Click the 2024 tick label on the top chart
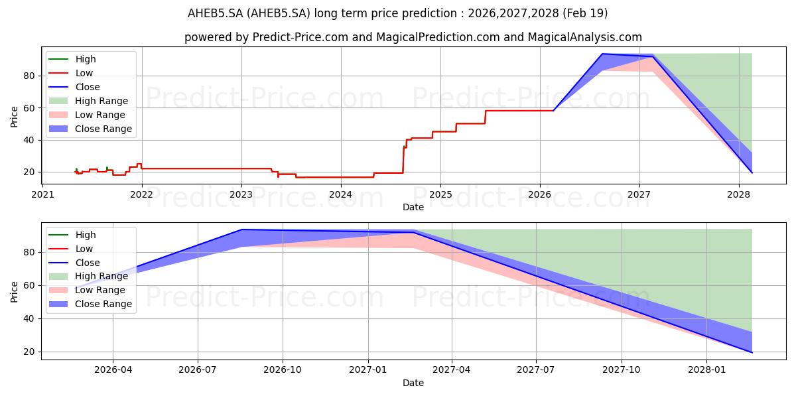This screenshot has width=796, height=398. point(341,195)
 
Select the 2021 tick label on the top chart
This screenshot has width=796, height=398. point(42,195)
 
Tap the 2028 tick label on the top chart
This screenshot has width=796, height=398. point(739,195)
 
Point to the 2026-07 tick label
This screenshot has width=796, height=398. point(198,370)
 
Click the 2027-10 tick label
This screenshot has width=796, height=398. point(622,370)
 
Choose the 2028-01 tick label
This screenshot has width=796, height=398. point(706,370)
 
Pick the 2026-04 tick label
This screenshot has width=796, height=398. point(113,370)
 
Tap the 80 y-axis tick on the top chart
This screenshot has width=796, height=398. point(29,76)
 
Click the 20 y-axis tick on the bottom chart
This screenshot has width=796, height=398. point(29,352)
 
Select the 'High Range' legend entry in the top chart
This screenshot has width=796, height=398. point(88,101)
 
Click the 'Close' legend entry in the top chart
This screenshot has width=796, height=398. point(74,87)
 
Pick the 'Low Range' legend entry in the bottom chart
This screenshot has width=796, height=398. point(87,290)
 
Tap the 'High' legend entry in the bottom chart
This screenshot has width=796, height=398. point(72,235)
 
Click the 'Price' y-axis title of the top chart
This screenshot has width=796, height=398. point(14,117)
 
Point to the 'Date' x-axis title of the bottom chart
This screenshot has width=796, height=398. point(413,383)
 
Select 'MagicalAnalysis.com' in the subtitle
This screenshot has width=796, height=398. point(585,37)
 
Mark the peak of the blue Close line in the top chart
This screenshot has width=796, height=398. point(602,54)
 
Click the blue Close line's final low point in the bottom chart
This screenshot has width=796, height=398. point(752,352)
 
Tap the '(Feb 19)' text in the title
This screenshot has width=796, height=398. point(585,13)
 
